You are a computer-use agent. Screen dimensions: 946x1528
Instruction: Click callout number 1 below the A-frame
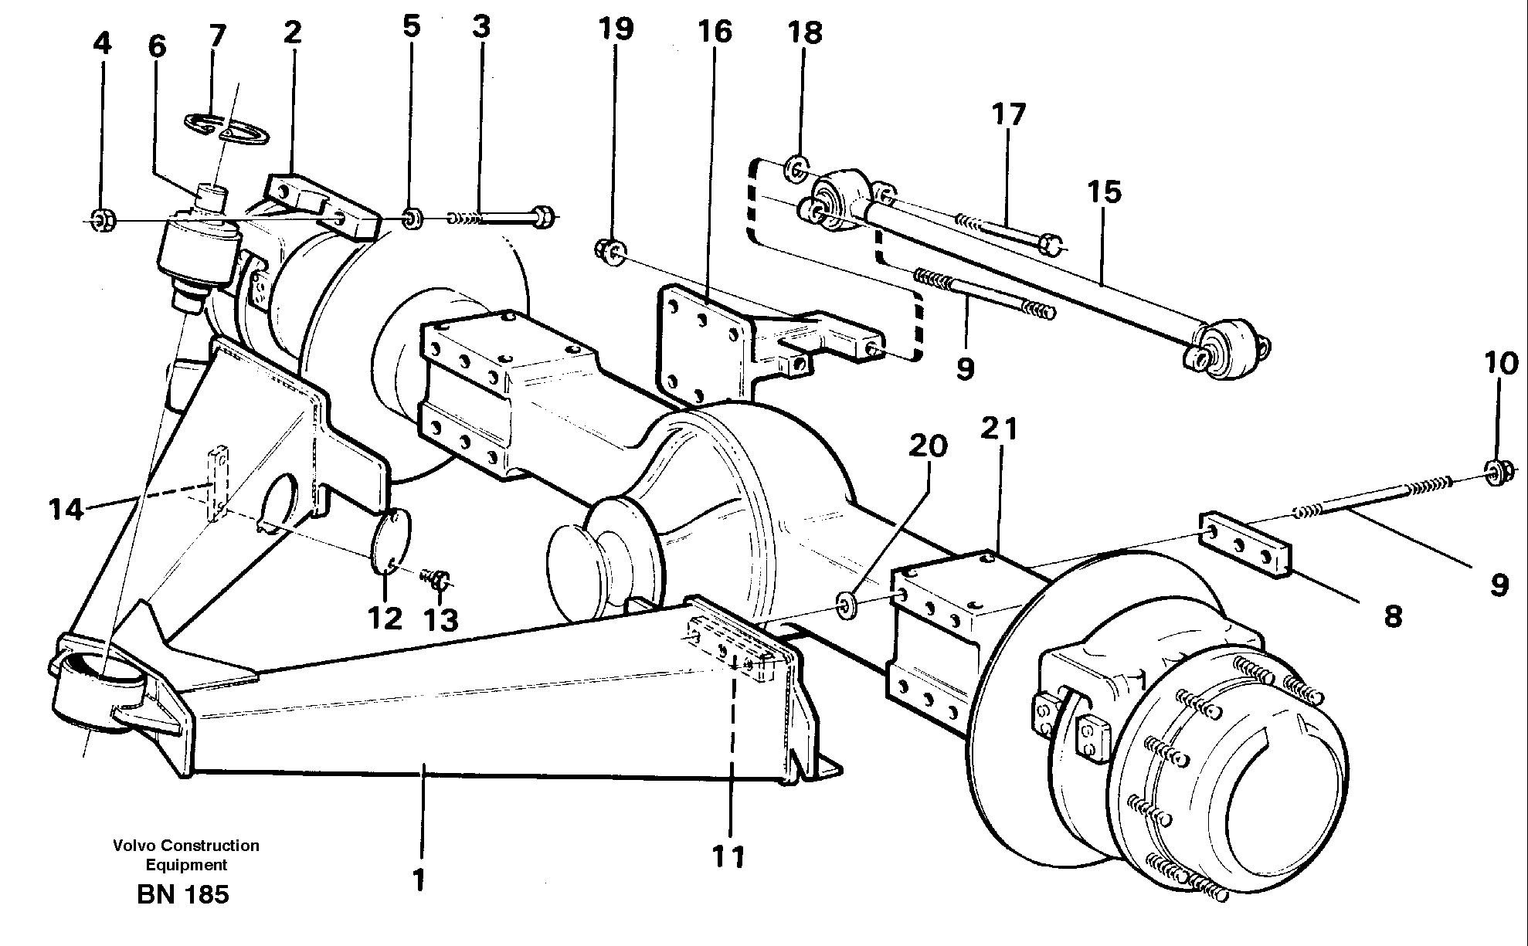(419, 880)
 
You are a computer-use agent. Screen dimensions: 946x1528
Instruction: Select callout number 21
(1000, 429)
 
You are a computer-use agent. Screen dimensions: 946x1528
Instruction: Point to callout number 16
(715, 33)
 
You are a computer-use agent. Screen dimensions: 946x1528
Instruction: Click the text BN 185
(182, 894)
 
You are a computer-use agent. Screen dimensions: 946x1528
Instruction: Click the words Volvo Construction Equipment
(185, 855)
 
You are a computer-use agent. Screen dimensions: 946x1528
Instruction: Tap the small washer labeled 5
(413, 219)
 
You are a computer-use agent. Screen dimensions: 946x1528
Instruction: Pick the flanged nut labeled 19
(611, 253)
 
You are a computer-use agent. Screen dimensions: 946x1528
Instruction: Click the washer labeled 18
(796, 168)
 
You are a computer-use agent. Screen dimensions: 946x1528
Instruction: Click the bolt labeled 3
(502, 218)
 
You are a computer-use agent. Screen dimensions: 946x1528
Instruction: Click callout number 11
(728, 856)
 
